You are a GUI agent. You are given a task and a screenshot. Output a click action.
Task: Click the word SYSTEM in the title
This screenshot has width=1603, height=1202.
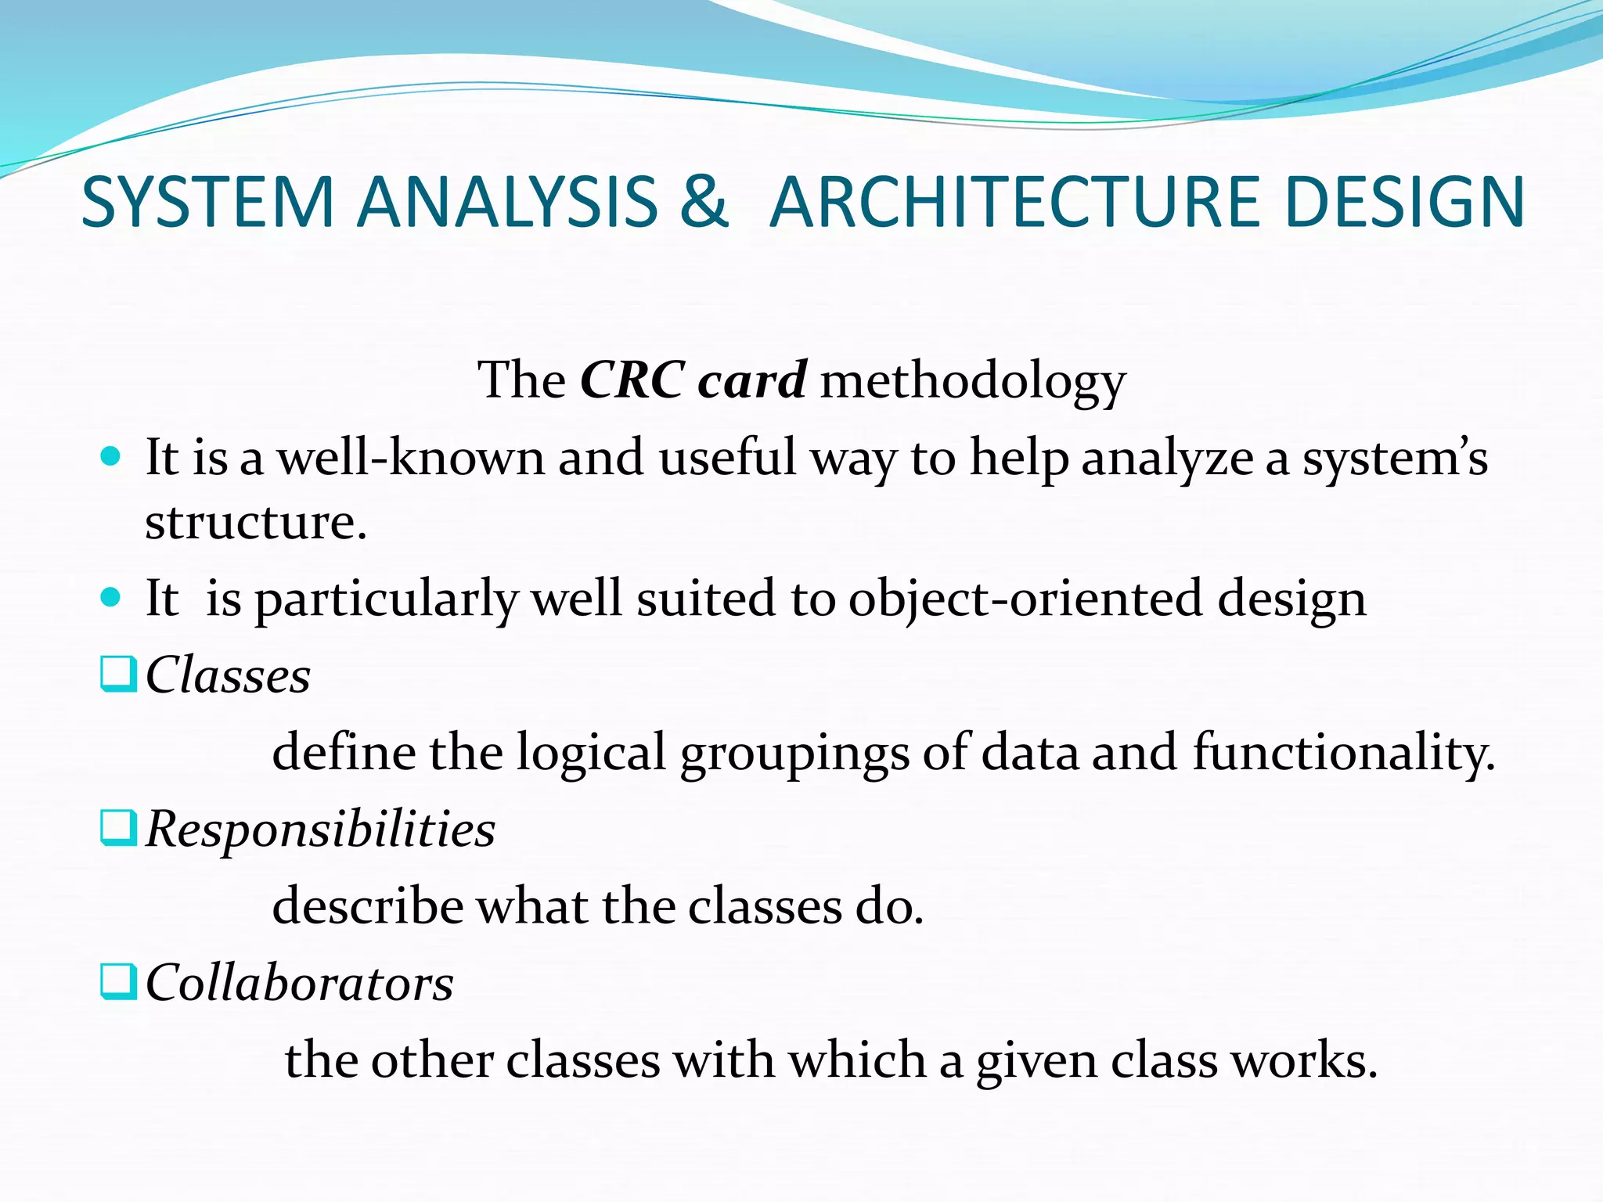point(207,202)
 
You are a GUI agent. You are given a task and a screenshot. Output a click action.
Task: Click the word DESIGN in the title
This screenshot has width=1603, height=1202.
point(1404,202)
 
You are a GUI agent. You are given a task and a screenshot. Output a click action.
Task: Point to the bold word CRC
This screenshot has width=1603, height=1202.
point(632,380)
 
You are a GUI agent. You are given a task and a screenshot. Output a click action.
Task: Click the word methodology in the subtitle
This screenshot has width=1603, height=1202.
point(972,382)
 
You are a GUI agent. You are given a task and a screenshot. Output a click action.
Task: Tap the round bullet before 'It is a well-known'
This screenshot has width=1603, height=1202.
point(111,455)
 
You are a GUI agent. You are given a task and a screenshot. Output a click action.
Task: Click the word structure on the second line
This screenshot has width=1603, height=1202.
point(255,522)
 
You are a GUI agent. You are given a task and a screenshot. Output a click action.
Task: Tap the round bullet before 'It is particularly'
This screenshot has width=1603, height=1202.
point(111,598)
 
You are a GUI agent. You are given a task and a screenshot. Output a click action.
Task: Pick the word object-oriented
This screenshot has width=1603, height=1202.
point(1025,599)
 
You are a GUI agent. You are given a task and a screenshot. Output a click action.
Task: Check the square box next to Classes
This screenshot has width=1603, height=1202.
point(118,674)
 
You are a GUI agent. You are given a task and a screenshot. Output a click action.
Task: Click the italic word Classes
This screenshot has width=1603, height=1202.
point(229,675)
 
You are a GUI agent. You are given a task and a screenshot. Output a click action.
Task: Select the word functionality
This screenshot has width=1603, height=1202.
point(1343,753)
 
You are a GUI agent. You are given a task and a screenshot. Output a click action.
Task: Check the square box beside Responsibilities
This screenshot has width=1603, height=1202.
point(118,828)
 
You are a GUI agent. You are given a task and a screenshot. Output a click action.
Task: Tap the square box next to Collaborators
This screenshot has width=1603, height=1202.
point(118,982)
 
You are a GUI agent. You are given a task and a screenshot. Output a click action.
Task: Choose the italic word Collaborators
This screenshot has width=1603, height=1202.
point(300,983)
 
